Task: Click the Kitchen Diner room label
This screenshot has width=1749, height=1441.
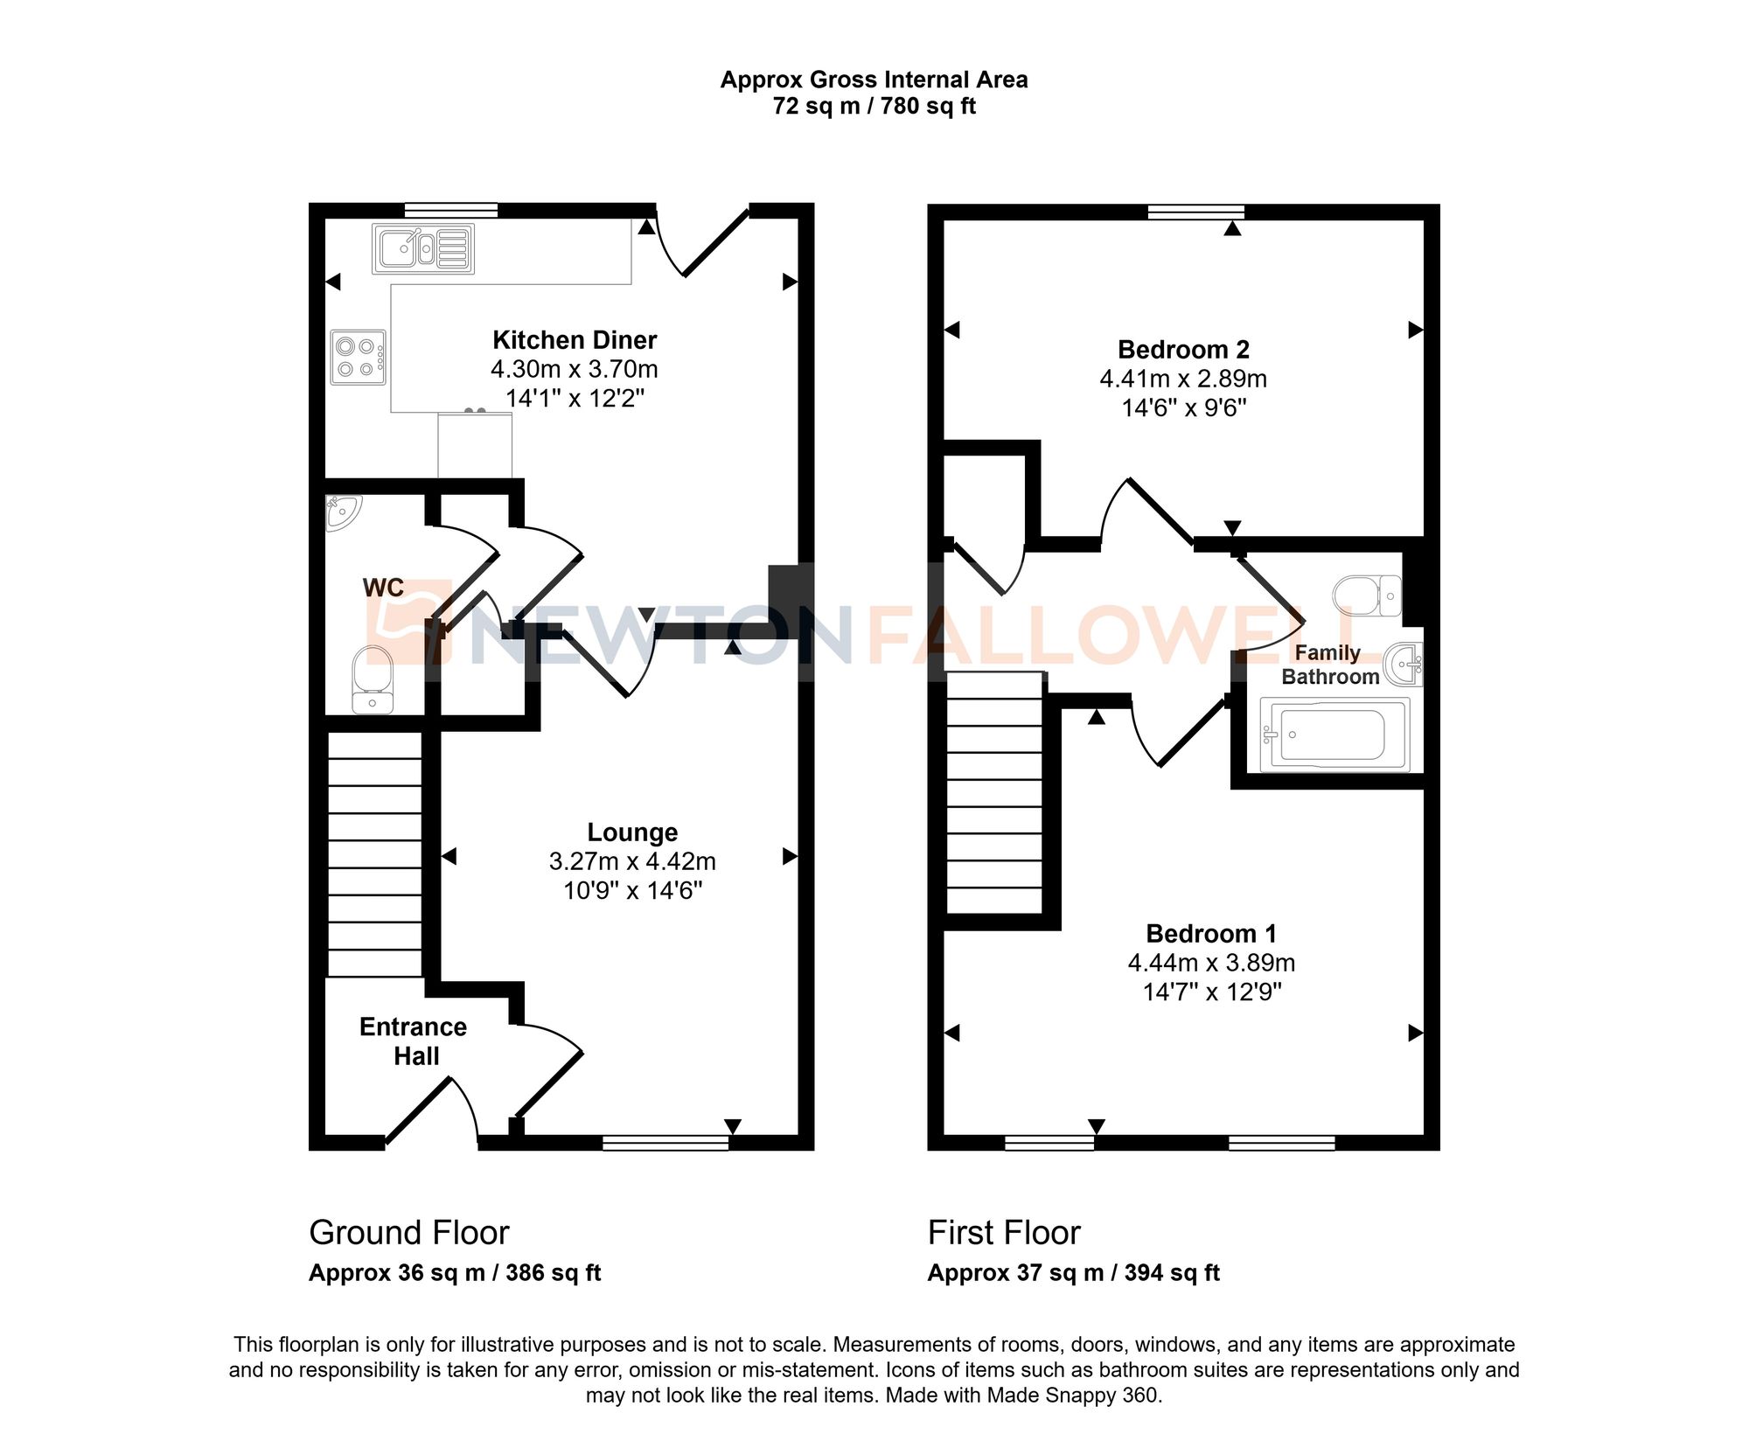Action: coord(575,340)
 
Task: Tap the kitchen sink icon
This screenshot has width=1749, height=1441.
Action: coord(423,248)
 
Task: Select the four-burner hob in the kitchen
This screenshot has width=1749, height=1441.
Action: coord(358,357)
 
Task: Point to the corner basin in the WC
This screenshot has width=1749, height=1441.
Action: coord(342,512)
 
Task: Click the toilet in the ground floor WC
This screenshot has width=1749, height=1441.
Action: coord(373,679)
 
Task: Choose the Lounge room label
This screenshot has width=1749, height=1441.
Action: coord(632,832)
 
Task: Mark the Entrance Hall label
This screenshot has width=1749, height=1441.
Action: coord(414,1041)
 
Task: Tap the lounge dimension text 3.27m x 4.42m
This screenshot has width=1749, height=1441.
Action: coord(632,861)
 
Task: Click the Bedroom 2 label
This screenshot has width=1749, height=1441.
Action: coord(1183,350)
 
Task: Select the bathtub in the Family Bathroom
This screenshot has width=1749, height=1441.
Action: coord(1334,734)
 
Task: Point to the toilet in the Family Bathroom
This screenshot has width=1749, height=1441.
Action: coord(1367,595)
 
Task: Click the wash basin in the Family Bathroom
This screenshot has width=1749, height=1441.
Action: coord(1404,665)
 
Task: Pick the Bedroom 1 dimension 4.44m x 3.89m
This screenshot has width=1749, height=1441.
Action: coord(1211,963)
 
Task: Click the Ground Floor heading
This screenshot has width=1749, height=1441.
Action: coord(408,1233)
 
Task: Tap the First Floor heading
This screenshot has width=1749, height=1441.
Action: coord(1004,1233)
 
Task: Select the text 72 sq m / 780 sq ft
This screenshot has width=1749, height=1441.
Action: coord(874,107)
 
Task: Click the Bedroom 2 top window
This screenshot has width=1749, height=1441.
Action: coord(1195,211)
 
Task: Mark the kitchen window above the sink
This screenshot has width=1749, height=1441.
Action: coord(451,210)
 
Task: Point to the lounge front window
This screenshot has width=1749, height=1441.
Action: coord(665,1142)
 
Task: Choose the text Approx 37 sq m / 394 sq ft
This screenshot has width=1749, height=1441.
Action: coord(1073,1273)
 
